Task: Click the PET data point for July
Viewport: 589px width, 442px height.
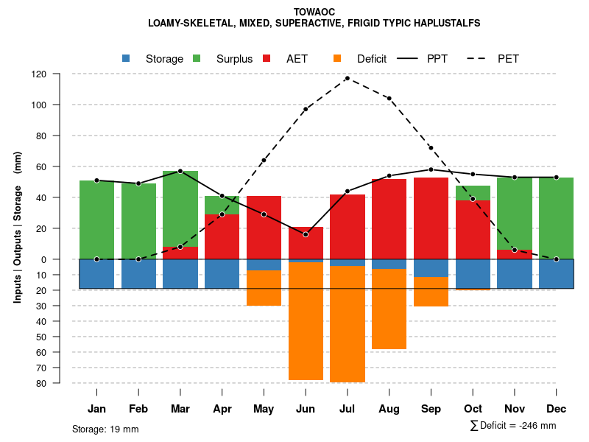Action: (x=348, y=78)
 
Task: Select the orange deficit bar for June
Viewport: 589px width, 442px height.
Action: (x=306, y=320)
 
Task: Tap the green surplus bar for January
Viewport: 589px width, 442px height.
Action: (x=96, y=220)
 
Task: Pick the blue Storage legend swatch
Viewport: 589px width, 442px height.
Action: (x=127, y=59)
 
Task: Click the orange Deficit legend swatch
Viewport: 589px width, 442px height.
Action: (x=338, y=59)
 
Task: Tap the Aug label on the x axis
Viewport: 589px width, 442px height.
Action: (x=389, y=409)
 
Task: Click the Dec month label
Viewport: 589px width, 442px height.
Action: (x=557, y=409)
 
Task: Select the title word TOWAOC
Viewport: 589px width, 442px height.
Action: (x=314, y=12)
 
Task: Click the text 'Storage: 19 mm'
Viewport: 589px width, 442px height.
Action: (x=105, y=429)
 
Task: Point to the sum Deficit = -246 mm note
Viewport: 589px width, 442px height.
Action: (x=513, y=426)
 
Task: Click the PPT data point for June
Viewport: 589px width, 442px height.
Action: (x=306, y=234)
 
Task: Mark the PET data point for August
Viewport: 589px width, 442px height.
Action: (x=389, y=98)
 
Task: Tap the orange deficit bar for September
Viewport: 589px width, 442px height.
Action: (x=431, y=292)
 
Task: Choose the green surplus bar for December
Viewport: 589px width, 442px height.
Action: (x=556, y=218)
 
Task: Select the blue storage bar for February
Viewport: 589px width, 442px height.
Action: (x=138, y=273)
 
